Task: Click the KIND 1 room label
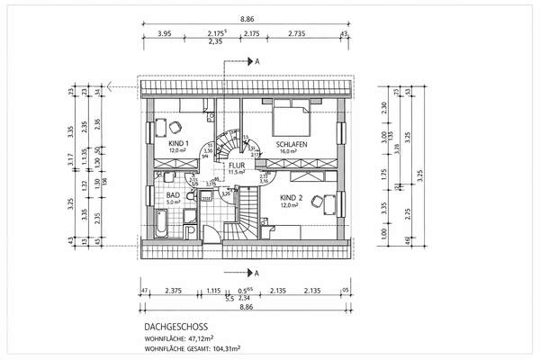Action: coord(178,143)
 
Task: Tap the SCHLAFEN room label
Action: coord(293,144)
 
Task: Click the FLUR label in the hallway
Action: coord(237,166)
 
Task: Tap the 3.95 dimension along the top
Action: coord(165,33)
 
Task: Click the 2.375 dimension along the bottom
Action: coord(175,290)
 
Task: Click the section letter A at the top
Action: coord(257,61)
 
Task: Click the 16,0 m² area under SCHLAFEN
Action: coord(287,152)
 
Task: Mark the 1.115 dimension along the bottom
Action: coord(213,290)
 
